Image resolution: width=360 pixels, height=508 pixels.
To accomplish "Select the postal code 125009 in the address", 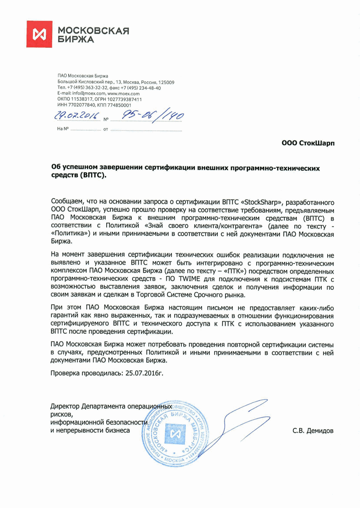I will coord(166,82).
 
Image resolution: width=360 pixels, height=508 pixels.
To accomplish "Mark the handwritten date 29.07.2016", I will coord(77,117).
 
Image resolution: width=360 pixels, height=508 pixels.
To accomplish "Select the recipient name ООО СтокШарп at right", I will coord(308,143).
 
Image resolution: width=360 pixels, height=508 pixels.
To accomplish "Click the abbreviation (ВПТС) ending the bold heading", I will coord(94,176).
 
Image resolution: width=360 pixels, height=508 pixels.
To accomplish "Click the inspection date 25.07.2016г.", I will coord(144,373).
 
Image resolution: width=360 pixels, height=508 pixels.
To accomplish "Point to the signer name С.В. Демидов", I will coord(313,431).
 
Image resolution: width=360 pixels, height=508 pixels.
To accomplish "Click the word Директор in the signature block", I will coord(67,406).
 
